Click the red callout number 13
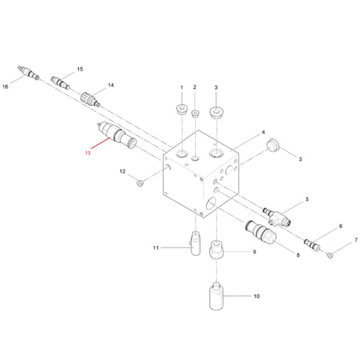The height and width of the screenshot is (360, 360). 88,152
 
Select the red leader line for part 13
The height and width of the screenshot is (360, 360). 100,143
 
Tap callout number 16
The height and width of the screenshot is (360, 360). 5,86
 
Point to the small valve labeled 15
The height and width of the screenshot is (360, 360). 60,82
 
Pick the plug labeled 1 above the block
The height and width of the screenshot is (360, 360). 181,109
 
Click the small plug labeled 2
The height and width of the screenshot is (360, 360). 195,113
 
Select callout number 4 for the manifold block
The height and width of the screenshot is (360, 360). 263,132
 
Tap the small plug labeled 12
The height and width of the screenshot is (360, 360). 139,183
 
